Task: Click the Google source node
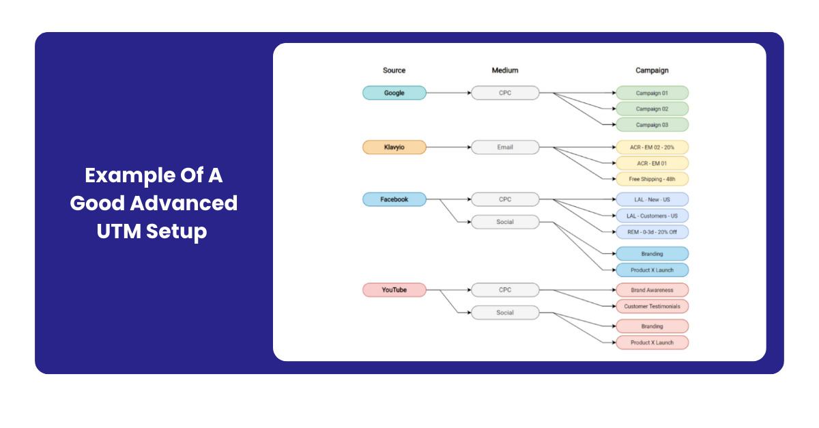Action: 394,93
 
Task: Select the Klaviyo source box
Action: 394,147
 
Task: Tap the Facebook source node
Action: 394,199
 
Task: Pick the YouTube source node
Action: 394,290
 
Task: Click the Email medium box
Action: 505,147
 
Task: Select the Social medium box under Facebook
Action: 505,222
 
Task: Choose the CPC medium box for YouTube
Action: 505,290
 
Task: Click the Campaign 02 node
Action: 652,109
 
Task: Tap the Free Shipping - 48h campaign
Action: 652,179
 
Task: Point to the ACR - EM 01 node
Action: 652,163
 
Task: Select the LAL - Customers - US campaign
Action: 652,216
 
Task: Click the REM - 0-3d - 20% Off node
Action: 652,231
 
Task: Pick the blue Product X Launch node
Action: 652,270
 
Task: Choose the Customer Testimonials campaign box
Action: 652,306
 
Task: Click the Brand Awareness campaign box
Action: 652,290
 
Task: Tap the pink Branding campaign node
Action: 652,326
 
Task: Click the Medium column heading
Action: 505,70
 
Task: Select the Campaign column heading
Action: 652,70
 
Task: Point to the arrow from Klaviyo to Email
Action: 448,147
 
